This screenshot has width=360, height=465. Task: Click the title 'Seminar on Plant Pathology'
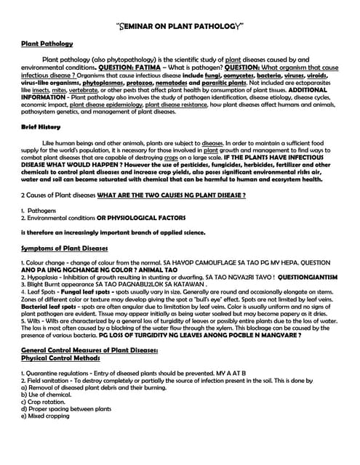click(180, 26)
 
